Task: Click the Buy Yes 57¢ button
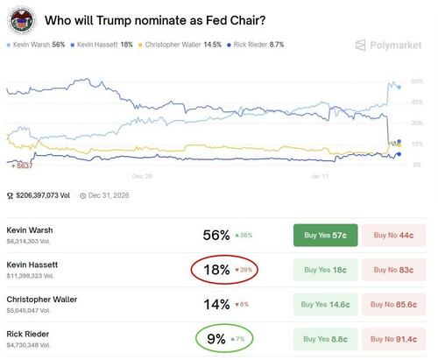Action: click(x=325, y=235)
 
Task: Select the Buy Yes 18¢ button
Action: click(x=325, y=271)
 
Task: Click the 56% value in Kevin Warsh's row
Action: click(x=215, y=235)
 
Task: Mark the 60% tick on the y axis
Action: click(x=417, y=81)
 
